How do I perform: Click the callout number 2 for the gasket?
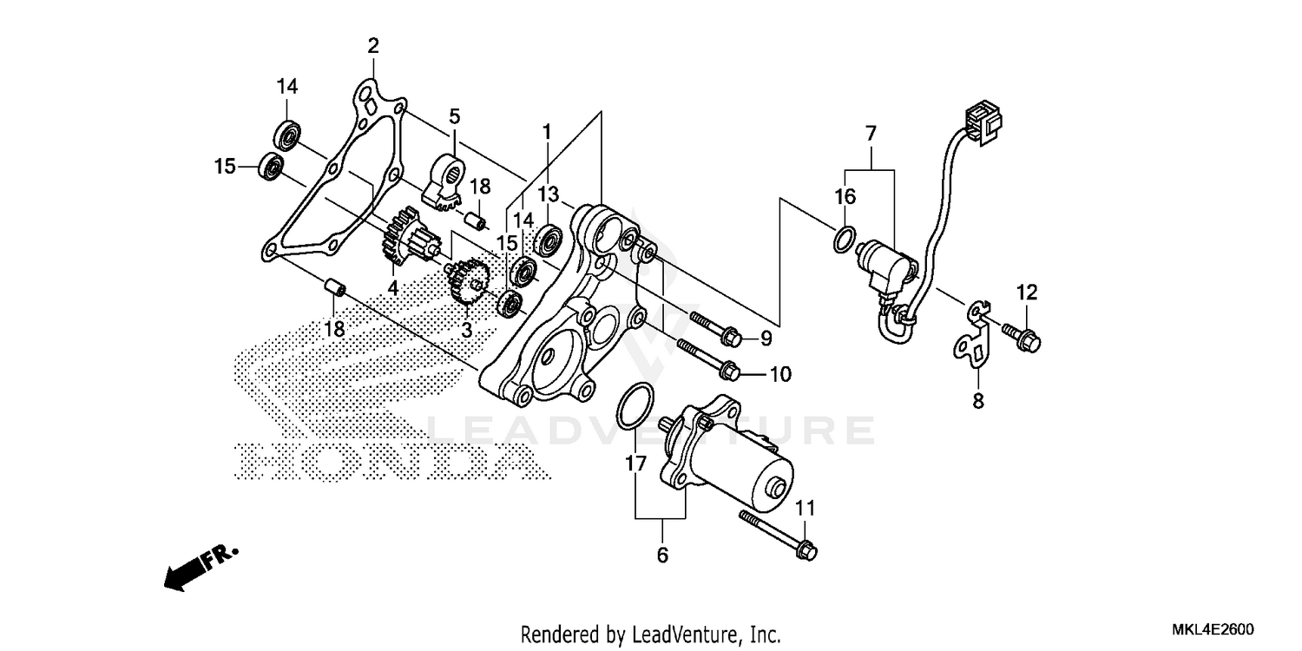click(372, 45)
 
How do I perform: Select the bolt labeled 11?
click(777, 532)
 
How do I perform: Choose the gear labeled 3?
click(467, 283)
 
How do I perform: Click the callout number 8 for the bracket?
click(978, 402)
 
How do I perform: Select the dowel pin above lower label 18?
click(335, 286)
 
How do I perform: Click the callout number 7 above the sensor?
click(871, 134)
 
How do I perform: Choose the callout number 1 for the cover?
click(547, 132)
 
